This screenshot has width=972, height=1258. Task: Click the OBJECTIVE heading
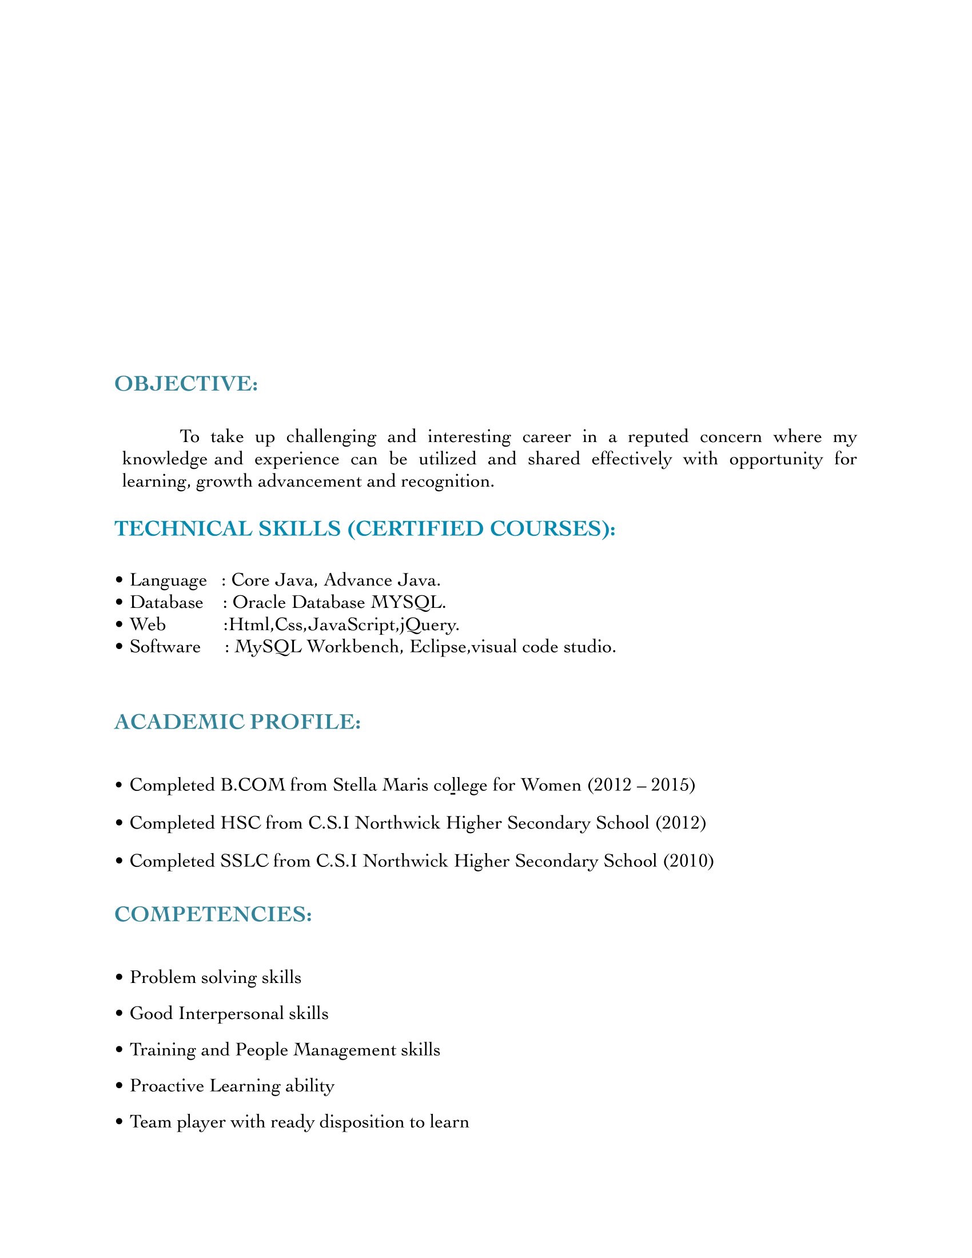186,384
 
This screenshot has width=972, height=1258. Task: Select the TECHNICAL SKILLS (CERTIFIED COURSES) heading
365,529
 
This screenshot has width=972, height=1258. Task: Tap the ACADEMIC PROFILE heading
237,722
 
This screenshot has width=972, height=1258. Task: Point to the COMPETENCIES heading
213,914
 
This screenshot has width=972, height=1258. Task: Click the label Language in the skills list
168,580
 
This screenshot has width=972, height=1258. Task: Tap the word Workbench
352,647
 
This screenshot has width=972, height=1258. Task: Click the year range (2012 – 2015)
642,785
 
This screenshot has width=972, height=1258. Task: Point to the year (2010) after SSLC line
688,861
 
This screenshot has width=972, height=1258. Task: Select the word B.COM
253,785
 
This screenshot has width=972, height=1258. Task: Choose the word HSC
241,823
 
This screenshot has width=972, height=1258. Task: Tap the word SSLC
245,861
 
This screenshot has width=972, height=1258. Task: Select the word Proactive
167,1086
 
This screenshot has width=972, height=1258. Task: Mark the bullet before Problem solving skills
119,978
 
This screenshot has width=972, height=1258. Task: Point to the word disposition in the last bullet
361,1122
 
